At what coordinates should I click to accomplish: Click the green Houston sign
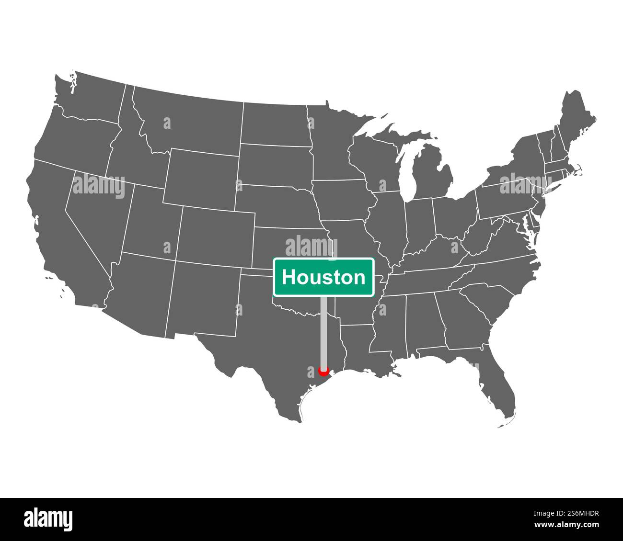pos(323,277)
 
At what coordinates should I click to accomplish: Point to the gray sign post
pos(323,330)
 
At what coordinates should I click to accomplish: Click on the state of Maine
pos(575,120)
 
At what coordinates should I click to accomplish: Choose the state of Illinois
pos(386,220)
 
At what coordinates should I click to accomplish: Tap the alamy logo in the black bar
pos(48,519)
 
